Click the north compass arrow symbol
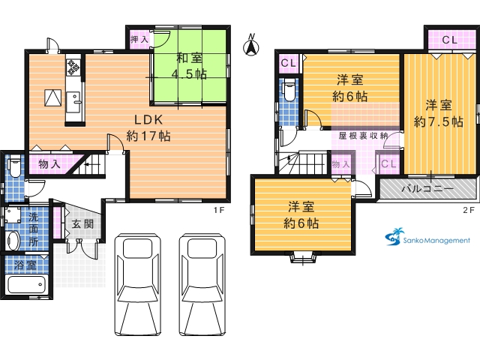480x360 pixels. pyautogui.click(x=251, y=45)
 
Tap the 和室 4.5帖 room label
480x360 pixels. pyautogui.click(x=190, y=66)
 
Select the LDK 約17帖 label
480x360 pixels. pyautogui.click(x=148, y=128)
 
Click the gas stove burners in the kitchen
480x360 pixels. pyautogui.click(x=73, y=67)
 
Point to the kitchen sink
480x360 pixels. pyautogui.click(x=73, y=102)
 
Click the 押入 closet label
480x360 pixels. pyautogui.click(x=139, y=39)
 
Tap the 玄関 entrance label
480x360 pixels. pyautogui.click(x=82, y=224)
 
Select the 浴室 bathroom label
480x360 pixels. pyautogui.click(x=25, y=265)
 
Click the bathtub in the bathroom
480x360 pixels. pyautogui.click(x=27, y=285)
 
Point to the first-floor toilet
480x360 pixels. pyautogui.click(x=14, y=166)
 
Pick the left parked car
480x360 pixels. pyautogui.click(x=137, y=285)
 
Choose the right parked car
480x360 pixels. pyautogui.click(x=202, y=285)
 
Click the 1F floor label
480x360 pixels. pyautogui.click(x=219, y=210)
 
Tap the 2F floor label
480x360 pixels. pyautogui.click(x=469, y=210)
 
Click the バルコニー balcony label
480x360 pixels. pyautogui.click(x=427, y=188)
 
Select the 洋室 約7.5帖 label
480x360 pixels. pyautogui.click(x=438, y=113)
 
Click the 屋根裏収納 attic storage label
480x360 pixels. pyautogui.click(x=363, y=136)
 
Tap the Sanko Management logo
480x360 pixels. pyautogui.click(x=427, y=238)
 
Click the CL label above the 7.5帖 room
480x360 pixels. pyautogui.click(x=450, y=40)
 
